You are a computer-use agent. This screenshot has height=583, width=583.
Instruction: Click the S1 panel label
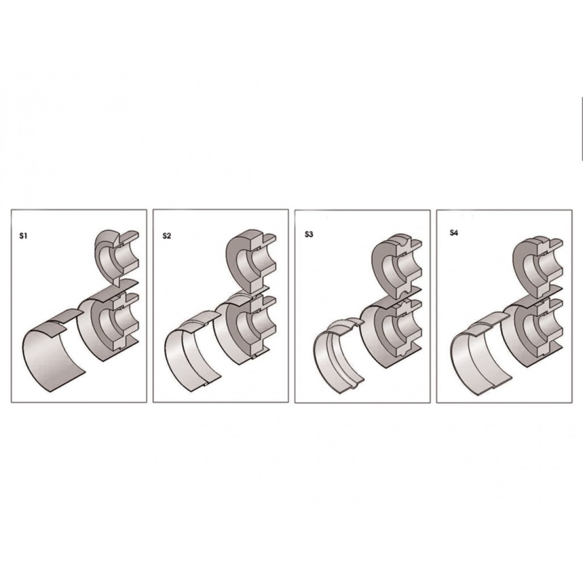coord(23,236)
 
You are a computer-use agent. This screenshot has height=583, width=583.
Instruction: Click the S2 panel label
coord(166,236)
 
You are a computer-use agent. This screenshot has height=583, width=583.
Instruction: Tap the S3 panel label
coord(309,235)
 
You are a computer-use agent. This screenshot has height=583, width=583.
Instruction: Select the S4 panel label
coord(454,233)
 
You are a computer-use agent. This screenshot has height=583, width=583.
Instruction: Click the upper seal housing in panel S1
coord(117,257)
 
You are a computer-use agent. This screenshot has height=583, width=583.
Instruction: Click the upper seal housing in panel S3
coord(396,266)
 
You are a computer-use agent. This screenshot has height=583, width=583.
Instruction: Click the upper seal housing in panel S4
coord(539,266)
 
